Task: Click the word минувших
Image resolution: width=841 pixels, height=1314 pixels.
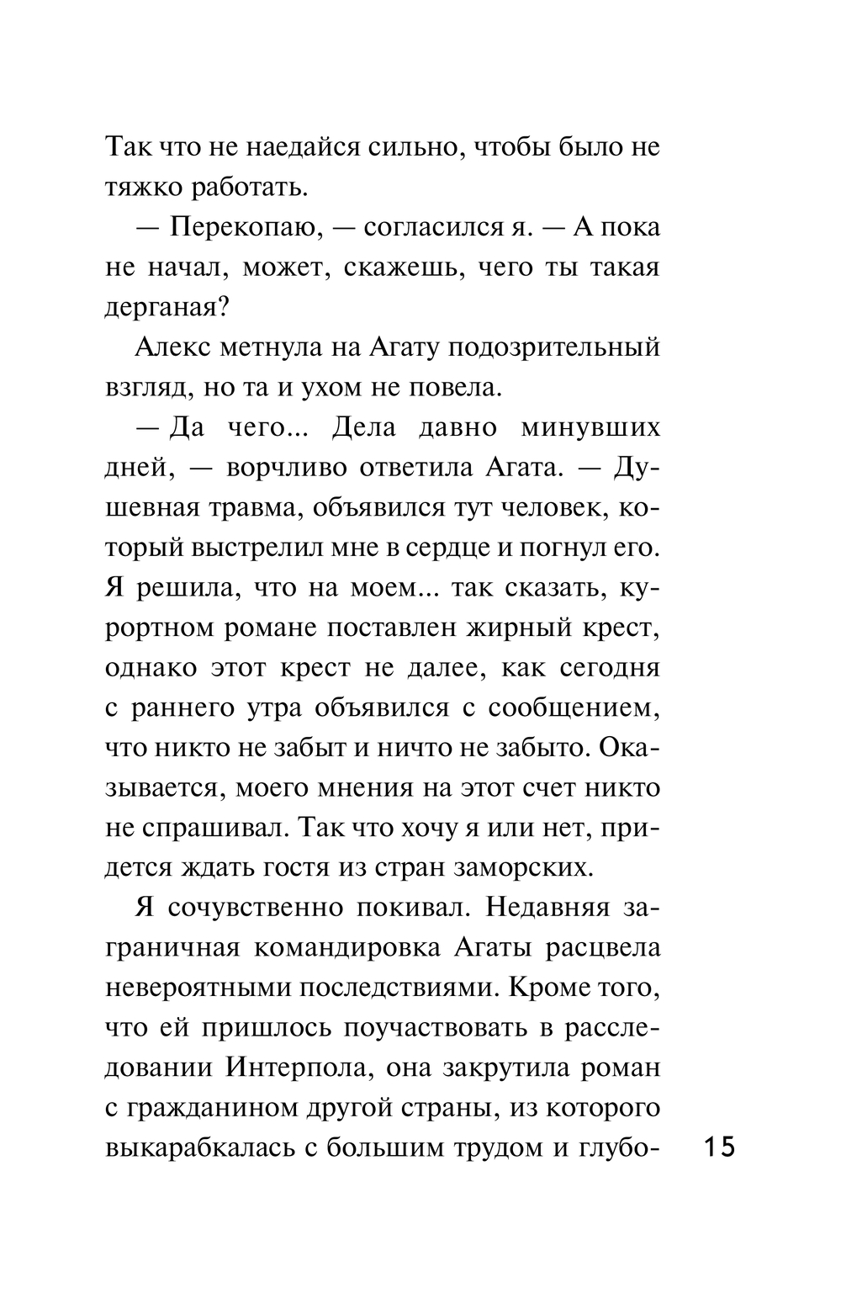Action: click(590, 427)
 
